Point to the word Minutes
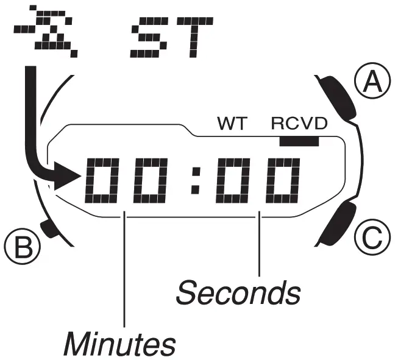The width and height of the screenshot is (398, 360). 119,344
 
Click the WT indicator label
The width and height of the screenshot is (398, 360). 232,125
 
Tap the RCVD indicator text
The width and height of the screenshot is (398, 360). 299,125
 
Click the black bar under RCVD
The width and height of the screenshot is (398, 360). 300,141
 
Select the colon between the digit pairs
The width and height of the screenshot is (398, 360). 196,180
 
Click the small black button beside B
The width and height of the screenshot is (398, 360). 47,228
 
